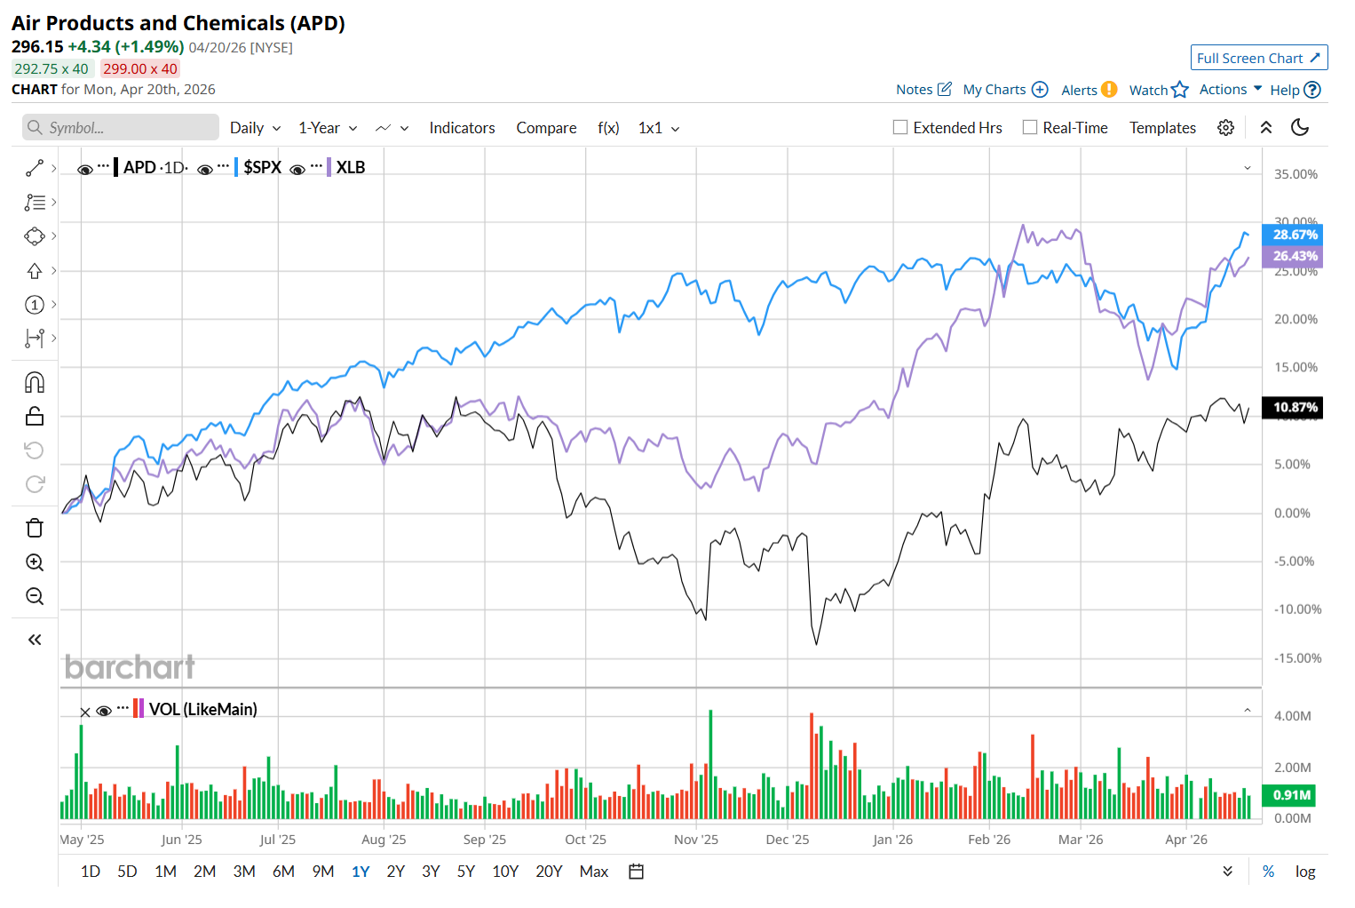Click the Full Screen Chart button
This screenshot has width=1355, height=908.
point(1258,58)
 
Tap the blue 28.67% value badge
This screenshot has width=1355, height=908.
point(1295,235)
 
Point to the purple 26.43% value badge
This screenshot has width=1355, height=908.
point(1295,256)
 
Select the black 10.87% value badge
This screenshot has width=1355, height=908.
point(1295,408)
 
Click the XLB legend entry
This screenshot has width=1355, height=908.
point(350,167)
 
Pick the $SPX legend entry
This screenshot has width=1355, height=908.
point(262,167)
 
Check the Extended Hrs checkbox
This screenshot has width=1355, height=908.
point(900,127)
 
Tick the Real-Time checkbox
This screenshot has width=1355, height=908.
point(1030,127)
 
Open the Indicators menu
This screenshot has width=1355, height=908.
point(462,128)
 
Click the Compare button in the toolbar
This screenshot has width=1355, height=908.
point(546,128)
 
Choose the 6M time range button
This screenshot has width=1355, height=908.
point(283,872)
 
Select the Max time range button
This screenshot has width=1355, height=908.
point(593,872)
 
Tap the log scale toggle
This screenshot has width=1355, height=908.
point(1304,872)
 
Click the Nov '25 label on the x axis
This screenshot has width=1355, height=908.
point(695,840)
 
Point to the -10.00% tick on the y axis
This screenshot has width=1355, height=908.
point(1297,609)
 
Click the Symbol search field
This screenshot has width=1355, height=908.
point(121,127)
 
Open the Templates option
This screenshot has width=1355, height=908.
point(1162,128)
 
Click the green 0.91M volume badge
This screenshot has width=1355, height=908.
point(1291,795)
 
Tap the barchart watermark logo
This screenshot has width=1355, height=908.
point(130,666)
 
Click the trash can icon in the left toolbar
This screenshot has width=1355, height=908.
point(35,529)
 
